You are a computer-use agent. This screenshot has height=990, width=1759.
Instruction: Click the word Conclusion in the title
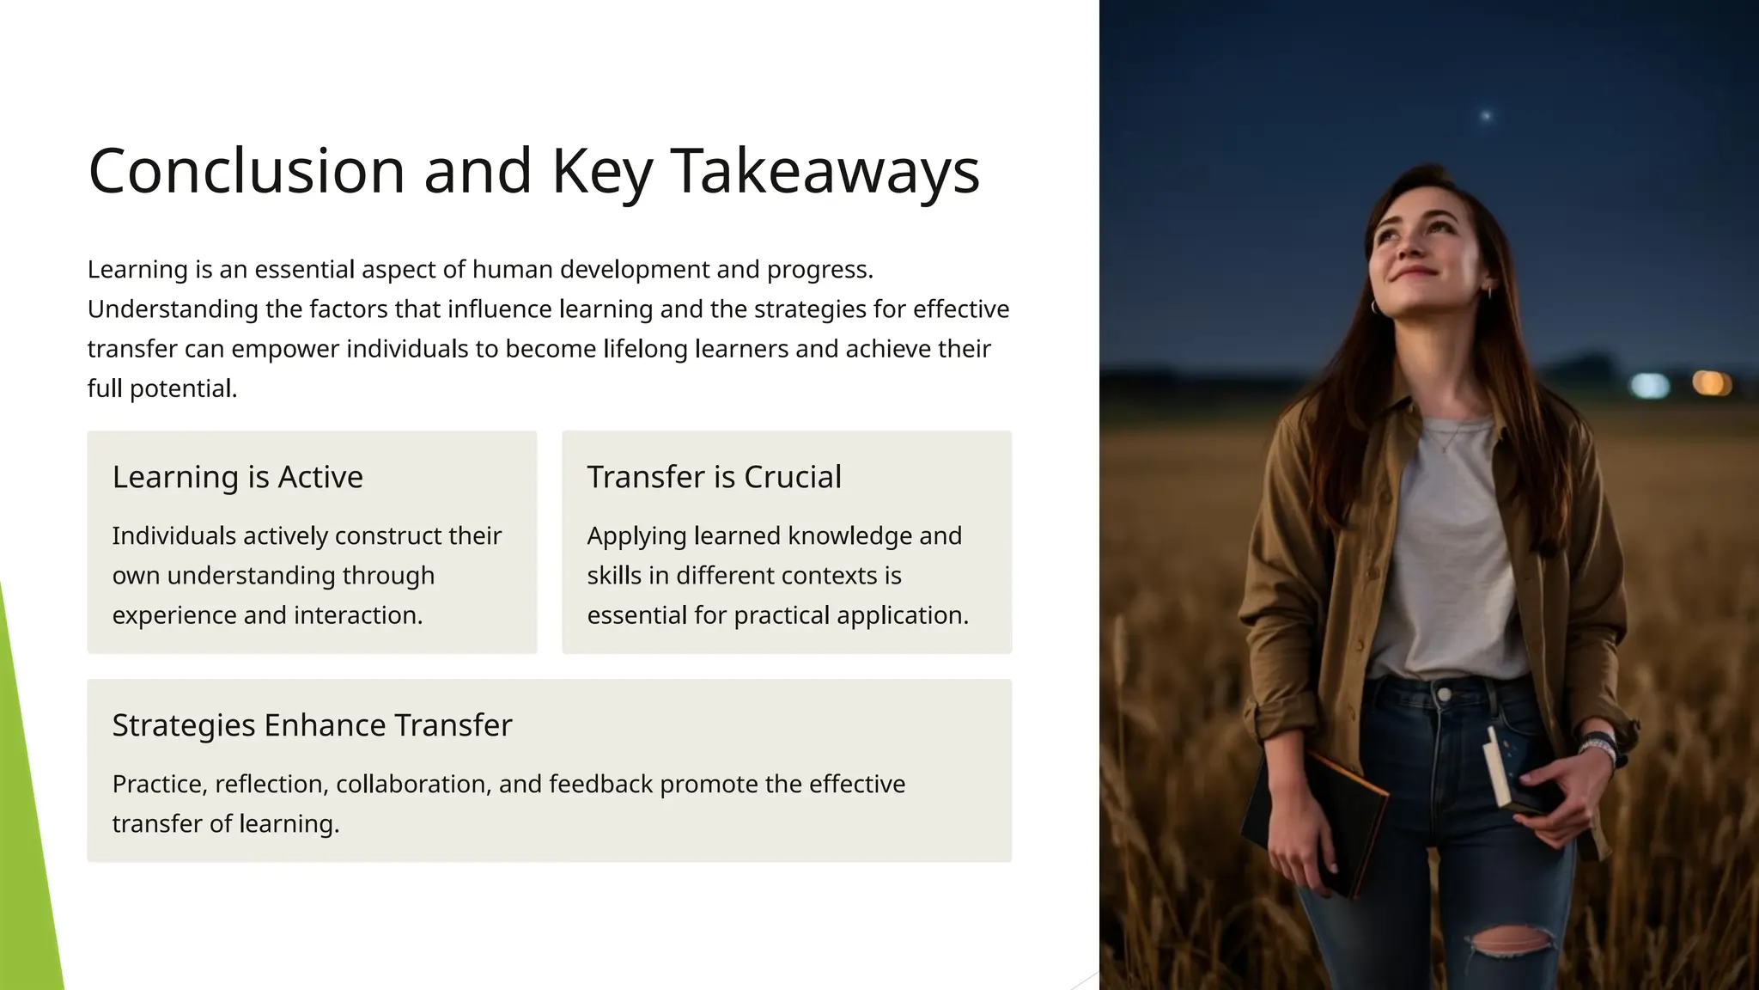(247, 171)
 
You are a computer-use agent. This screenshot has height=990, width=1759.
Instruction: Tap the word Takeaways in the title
(825, 171)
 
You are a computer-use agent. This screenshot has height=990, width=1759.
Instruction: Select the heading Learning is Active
(238, 477)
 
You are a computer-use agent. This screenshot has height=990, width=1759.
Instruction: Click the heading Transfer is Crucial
(714, 477)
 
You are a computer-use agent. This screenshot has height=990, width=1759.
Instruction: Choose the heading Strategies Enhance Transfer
(312, 725)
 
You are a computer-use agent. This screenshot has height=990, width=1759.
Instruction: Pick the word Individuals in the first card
(173, 535)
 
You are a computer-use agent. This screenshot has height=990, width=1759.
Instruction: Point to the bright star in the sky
(1486, 115)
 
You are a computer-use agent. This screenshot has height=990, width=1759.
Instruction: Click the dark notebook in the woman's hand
(1314, 821)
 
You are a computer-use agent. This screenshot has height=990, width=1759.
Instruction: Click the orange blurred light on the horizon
(1710, 382)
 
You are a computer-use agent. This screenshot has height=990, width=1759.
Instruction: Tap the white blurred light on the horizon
(1649, 385)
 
